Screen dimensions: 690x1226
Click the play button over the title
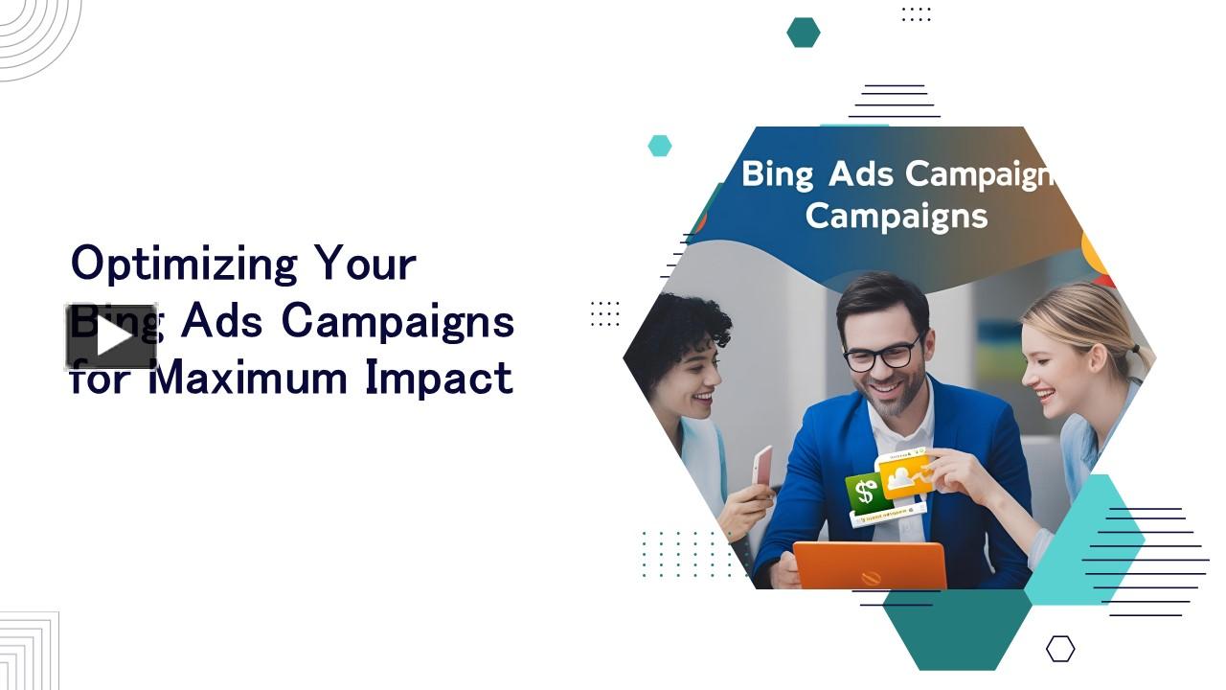[111, 336]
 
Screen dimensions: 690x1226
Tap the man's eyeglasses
[883, 354]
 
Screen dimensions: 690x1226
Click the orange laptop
[870, 565]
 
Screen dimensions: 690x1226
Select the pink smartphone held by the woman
[761, 466]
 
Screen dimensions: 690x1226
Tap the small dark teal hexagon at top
[803, 32]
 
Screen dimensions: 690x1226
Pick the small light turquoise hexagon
[659, 146]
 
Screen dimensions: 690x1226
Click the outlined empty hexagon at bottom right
[1059, 649]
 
